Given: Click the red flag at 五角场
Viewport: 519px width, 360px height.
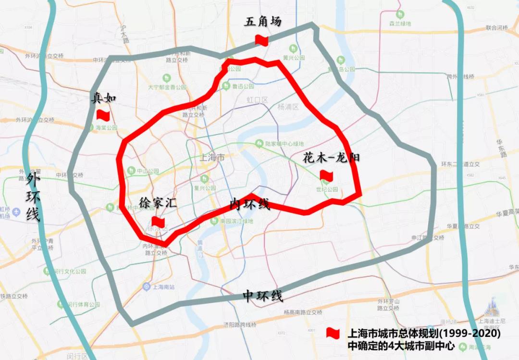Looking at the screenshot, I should point(261,40).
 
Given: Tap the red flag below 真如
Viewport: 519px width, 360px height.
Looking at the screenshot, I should point(103,115).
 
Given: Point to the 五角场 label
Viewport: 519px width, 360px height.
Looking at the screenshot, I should point(262,22).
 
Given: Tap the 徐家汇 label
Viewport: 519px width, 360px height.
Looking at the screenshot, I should point(158,203).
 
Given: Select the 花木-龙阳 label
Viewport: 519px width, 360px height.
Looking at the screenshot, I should point(331,158).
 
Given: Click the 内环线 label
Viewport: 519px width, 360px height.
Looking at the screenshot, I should point(249,204).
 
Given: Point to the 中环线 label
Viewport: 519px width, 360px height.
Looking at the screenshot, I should point(262,296).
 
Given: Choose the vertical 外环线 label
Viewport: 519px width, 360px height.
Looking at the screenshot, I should point(33,197).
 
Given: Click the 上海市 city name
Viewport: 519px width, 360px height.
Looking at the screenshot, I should point(212,157).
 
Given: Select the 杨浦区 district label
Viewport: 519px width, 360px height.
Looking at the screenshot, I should point(288,107).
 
